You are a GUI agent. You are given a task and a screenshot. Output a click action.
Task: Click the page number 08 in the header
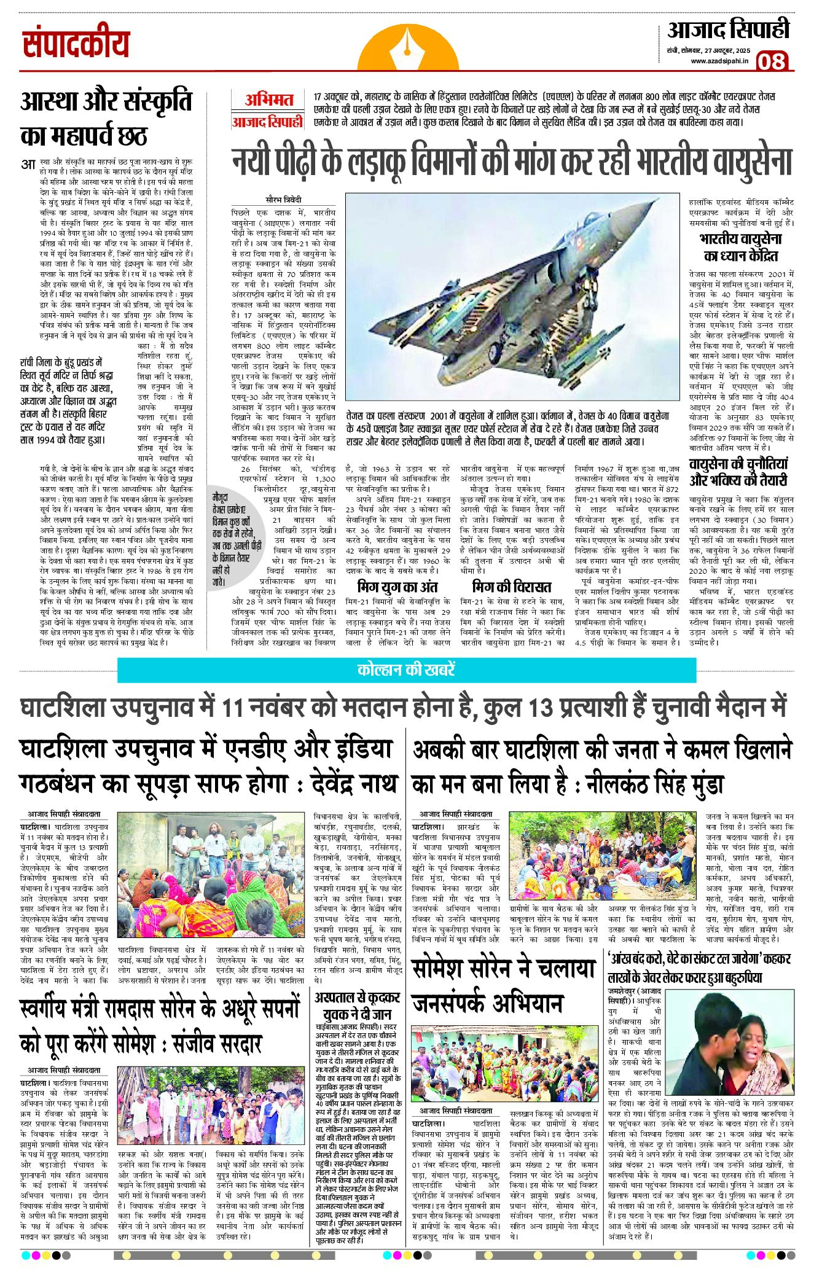pyautogui.click(x=772, y=61)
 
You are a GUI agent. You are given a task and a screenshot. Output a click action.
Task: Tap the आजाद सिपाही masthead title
pyautogui.click(x=729, y=29)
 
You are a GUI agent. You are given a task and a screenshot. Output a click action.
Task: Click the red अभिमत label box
pyautogui.click(x=268, y=100)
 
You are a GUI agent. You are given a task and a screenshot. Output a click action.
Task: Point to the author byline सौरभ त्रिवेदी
pyautogui.click(x=283, y=200)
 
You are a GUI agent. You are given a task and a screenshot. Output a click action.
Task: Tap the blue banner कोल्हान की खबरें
pyautogui.click(x=406, y=670)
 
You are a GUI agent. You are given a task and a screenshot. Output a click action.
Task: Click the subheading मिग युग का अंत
pyautogui.click(x=397, y=587)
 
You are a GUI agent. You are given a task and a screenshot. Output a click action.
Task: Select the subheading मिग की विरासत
pyautogui.click(x=511, y=587)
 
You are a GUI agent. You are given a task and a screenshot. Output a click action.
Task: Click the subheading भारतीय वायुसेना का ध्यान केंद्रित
pyautogui.click(x=740, y=247)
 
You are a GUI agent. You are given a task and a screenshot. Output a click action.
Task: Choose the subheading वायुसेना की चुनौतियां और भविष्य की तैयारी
pyautogui.click(x=738, y=472)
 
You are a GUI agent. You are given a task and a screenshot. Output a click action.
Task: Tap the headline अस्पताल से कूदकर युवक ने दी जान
pyautogui.click(x=357, y=1006)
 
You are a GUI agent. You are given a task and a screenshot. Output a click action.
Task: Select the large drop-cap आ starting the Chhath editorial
pyautogui.click(x=28, y=164)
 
